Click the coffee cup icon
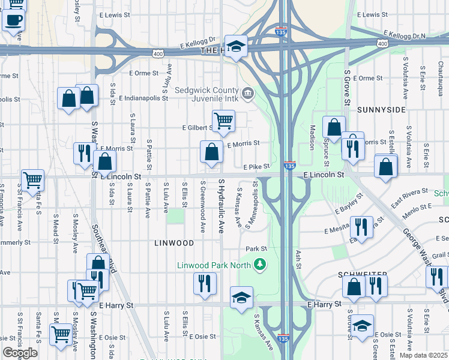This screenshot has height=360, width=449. pyautogui.click(x=13, y=19)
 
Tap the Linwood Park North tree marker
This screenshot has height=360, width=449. pyautogui.click(x=260, y=265)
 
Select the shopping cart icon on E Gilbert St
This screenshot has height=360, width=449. pyautogui.click(x=223, y=121)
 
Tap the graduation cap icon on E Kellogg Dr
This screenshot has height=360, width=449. pyautogui.click(x=237, y=46)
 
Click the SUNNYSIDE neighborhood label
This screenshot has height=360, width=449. pyautogui.click(x=381, y=110)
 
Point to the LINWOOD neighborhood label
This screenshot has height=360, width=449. pyautogui.click(x=174, y=243)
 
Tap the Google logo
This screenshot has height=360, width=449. pyautogui.click(x=20, y=353)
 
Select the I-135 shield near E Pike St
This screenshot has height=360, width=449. pyautogui.click(x=290, y=165)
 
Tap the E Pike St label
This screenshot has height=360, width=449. pyautogui.click(x=254, y=167)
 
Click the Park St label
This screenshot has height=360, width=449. pyautogui.click(x=256, y=248)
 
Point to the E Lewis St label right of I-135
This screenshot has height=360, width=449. pyautogui.click(x=373, y=14)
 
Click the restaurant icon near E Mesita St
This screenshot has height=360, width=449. pyautogui.click(x=361, y=227)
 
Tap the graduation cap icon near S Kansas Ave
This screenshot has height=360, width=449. pyautogui.click(x=241, y=298)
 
